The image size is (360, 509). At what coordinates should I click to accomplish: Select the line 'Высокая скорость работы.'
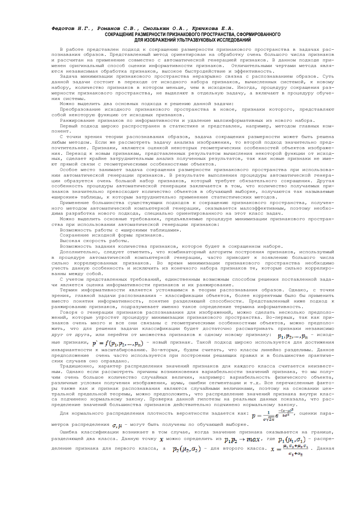(x=94, y=241)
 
